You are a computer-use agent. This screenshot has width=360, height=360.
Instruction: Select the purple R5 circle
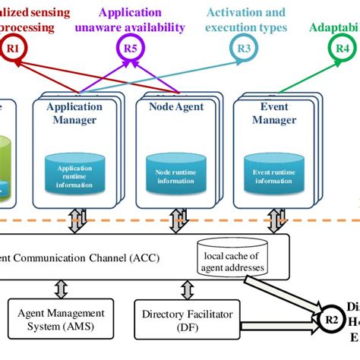[x=130, y=49]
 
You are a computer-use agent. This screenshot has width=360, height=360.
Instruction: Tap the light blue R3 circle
[x=243, y=49]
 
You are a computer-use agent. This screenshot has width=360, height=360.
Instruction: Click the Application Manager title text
[x=74, y=113]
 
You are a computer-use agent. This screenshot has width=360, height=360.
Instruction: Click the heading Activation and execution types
[x=246, y=21]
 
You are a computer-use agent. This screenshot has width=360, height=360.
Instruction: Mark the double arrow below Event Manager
[x=273, y=220]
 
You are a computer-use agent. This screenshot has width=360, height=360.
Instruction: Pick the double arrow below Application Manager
[x=76, y=220]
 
